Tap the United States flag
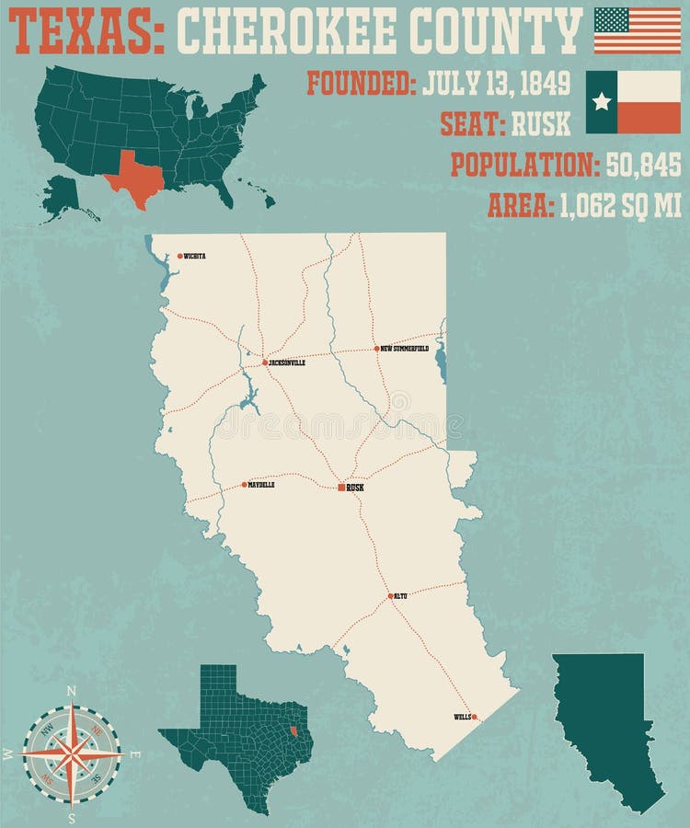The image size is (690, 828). (637, 29)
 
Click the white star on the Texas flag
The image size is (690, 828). (602, 101)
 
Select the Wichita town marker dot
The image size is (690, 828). (180, 256)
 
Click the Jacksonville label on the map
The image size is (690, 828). (286, 363)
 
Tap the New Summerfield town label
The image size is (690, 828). (405, 349)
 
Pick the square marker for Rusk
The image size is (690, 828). (341, 487)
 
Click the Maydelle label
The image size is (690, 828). (262, 485)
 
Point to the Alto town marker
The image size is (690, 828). (391, 596)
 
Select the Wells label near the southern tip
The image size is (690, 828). (461, 717)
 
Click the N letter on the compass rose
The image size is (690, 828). (72, 691)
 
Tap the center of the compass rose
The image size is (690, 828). (72, 753)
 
